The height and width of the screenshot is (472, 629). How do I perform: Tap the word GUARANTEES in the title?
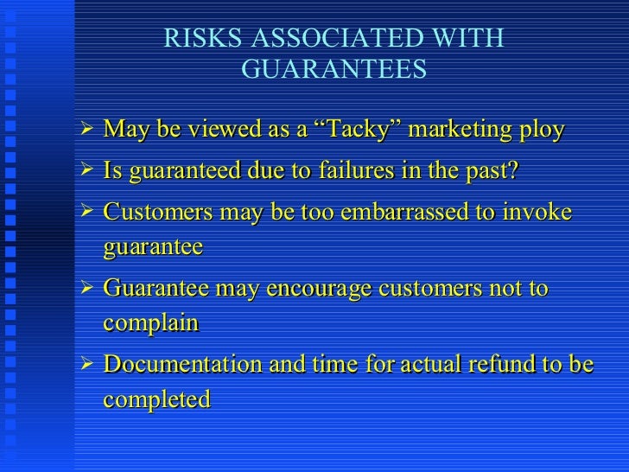click(x=334, y=69)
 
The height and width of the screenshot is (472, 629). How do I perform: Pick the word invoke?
click(x=542, y=211)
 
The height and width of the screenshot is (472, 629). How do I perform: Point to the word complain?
click(x=150, y=323)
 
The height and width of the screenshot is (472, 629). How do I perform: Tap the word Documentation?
click(x=181, y=364)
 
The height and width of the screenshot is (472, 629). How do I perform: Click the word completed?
click(x=156, y=399)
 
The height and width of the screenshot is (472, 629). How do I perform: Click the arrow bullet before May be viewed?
click(x=85, y=130)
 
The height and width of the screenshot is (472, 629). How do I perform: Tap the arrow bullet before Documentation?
click(x=85, y=363)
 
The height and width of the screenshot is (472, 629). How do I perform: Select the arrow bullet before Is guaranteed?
click(x=85, y=169)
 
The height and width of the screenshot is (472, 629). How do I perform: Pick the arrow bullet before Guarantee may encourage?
click(x=85, y=286)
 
